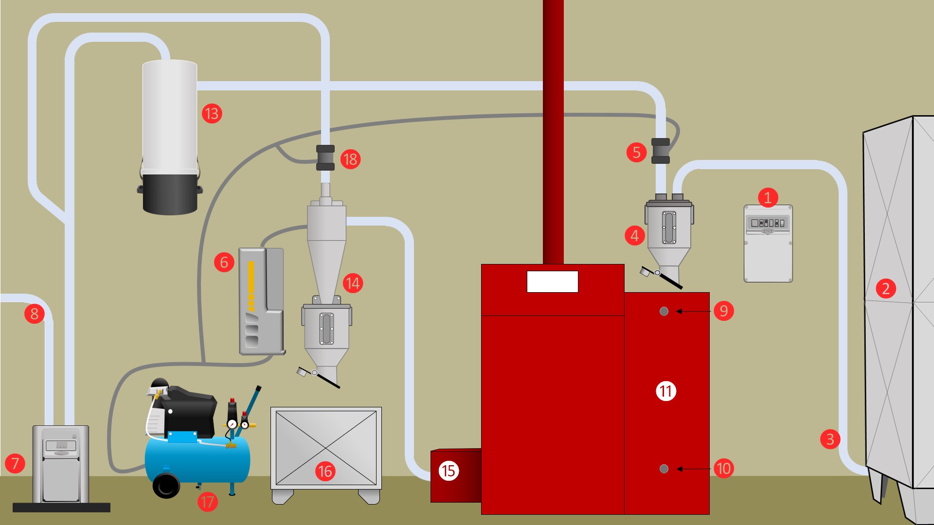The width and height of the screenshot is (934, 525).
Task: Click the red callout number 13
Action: click(212, 114)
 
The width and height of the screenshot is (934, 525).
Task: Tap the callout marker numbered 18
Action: click(350, 159)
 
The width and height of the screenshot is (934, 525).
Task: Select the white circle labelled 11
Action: click(666, 391)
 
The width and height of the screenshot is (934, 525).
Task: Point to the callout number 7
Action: click(15, 463)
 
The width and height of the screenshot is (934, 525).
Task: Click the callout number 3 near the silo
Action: click(830, 439)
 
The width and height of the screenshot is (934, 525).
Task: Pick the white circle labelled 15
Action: click(448, 471)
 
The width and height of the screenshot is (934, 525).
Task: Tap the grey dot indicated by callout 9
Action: click(664, 311)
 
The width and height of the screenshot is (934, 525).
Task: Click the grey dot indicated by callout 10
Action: click(664, 469)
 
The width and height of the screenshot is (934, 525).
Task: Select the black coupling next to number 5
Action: click(661, 151)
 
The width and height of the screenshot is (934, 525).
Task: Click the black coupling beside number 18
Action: click(325, 157)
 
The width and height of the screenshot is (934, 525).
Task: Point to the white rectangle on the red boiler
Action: click(552, 281)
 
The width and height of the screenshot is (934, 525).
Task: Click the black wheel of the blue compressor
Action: click(166, 485)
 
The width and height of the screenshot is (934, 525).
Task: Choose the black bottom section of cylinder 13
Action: click(170, 194)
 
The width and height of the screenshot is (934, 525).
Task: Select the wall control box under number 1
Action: click(768, 253)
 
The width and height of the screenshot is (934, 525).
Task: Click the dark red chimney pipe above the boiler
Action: click(553, 131)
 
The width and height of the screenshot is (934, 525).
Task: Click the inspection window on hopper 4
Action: click(669, 227)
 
